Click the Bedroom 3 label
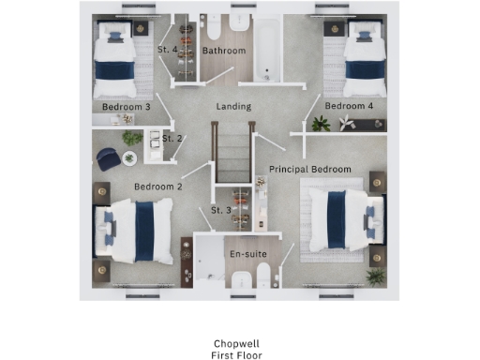click(127, 107)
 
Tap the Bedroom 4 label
click(349, 107)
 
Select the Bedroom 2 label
click(157, 187)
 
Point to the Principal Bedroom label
click(310, 169)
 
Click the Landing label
click(233, 107)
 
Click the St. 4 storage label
click(169, 49)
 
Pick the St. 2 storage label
click(172, 139)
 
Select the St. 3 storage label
click(221, 209)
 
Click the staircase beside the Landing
click(232, 155)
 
